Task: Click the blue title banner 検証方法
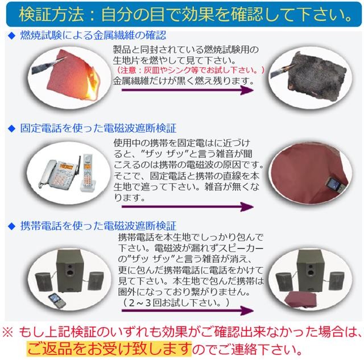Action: click(x=181, y=13)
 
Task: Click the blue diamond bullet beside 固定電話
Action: click(x=11, y=129)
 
